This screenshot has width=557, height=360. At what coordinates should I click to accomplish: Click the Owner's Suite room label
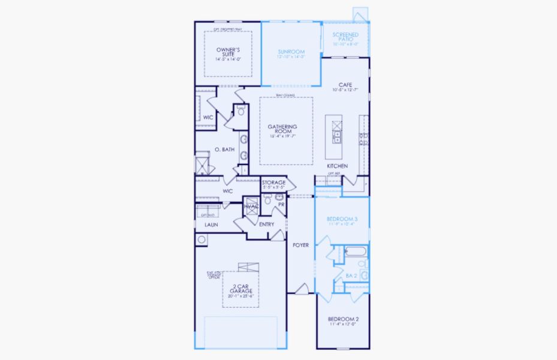coord(228,52)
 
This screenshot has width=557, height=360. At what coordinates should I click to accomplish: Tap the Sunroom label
coord(291,52)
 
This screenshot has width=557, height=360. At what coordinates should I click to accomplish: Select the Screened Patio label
coord(345,35)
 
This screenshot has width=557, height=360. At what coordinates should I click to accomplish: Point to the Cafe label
coord(345,85)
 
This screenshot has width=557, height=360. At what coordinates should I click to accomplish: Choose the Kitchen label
coord(337,166)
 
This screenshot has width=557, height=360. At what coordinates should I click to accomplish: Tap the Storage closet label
coord(273,182)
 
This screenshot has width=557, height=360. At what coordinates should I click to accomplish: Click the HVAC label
coord(251,206)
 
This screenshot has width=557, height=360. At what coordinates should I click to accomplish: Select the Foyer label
coord(300,245)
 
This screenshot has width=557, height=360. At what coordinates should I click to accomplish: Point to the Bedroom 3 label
coord(342,219)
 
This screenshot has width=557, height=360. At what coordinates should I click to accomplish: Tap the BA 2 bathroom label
coord(351,275)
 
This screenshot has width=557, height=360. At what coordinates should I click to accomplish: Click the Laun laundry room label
coord(210,225)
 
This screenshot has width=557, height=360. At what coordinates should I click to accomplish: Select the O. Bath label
coord(224,149)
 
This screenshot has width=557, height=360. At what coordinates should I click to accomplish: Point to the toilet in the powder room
coord(268,199)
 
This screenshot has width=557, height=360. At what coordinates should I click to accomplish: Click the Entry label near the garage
coord(266,224)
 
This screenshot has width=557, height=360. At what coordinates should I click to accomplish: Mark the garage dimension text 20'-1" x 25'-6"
coord(240,296)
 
